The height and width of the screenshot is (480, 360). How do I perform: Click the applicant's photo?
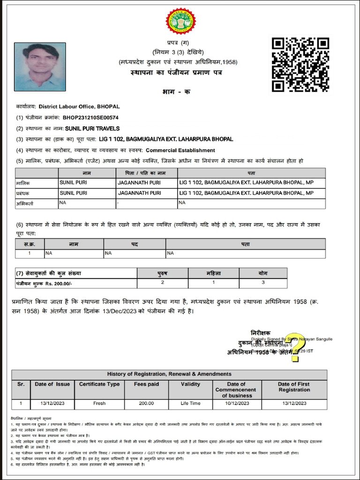tap(40, 67)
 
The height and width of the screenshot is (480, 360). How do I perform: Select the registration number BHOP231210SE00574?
tap(90, 118)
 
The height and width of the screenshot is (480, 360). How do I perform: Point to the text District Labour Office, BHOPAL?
tap(80, 107)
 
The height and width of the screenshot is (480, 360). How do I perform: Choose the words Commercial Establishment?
tap(180, 150)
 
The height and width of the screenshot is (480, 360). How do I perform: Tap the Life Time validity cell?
tap(190, 403)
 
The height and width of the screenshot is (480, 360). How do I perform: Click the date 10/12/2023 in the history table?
tap(236, 403)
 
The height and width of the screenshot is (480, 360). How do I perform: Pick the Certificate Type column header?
tap(99, 384)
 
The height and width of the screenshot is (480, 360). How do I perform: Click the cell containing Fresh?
tap(99, 403)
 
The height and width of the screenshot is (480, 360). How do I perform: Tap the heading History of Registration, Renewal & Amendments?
tap(169, 374)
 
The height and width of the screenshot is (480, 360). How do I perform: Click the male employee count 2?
tap(163, 283)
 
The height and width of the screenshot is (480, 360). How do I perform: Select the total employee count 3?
tap(263, 283)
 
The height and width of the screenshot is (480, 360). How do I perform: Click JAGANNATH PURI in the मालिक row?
tap(139, 182)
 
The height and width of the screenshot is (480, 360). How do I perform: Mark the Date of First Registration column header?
tap(294, 387)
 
